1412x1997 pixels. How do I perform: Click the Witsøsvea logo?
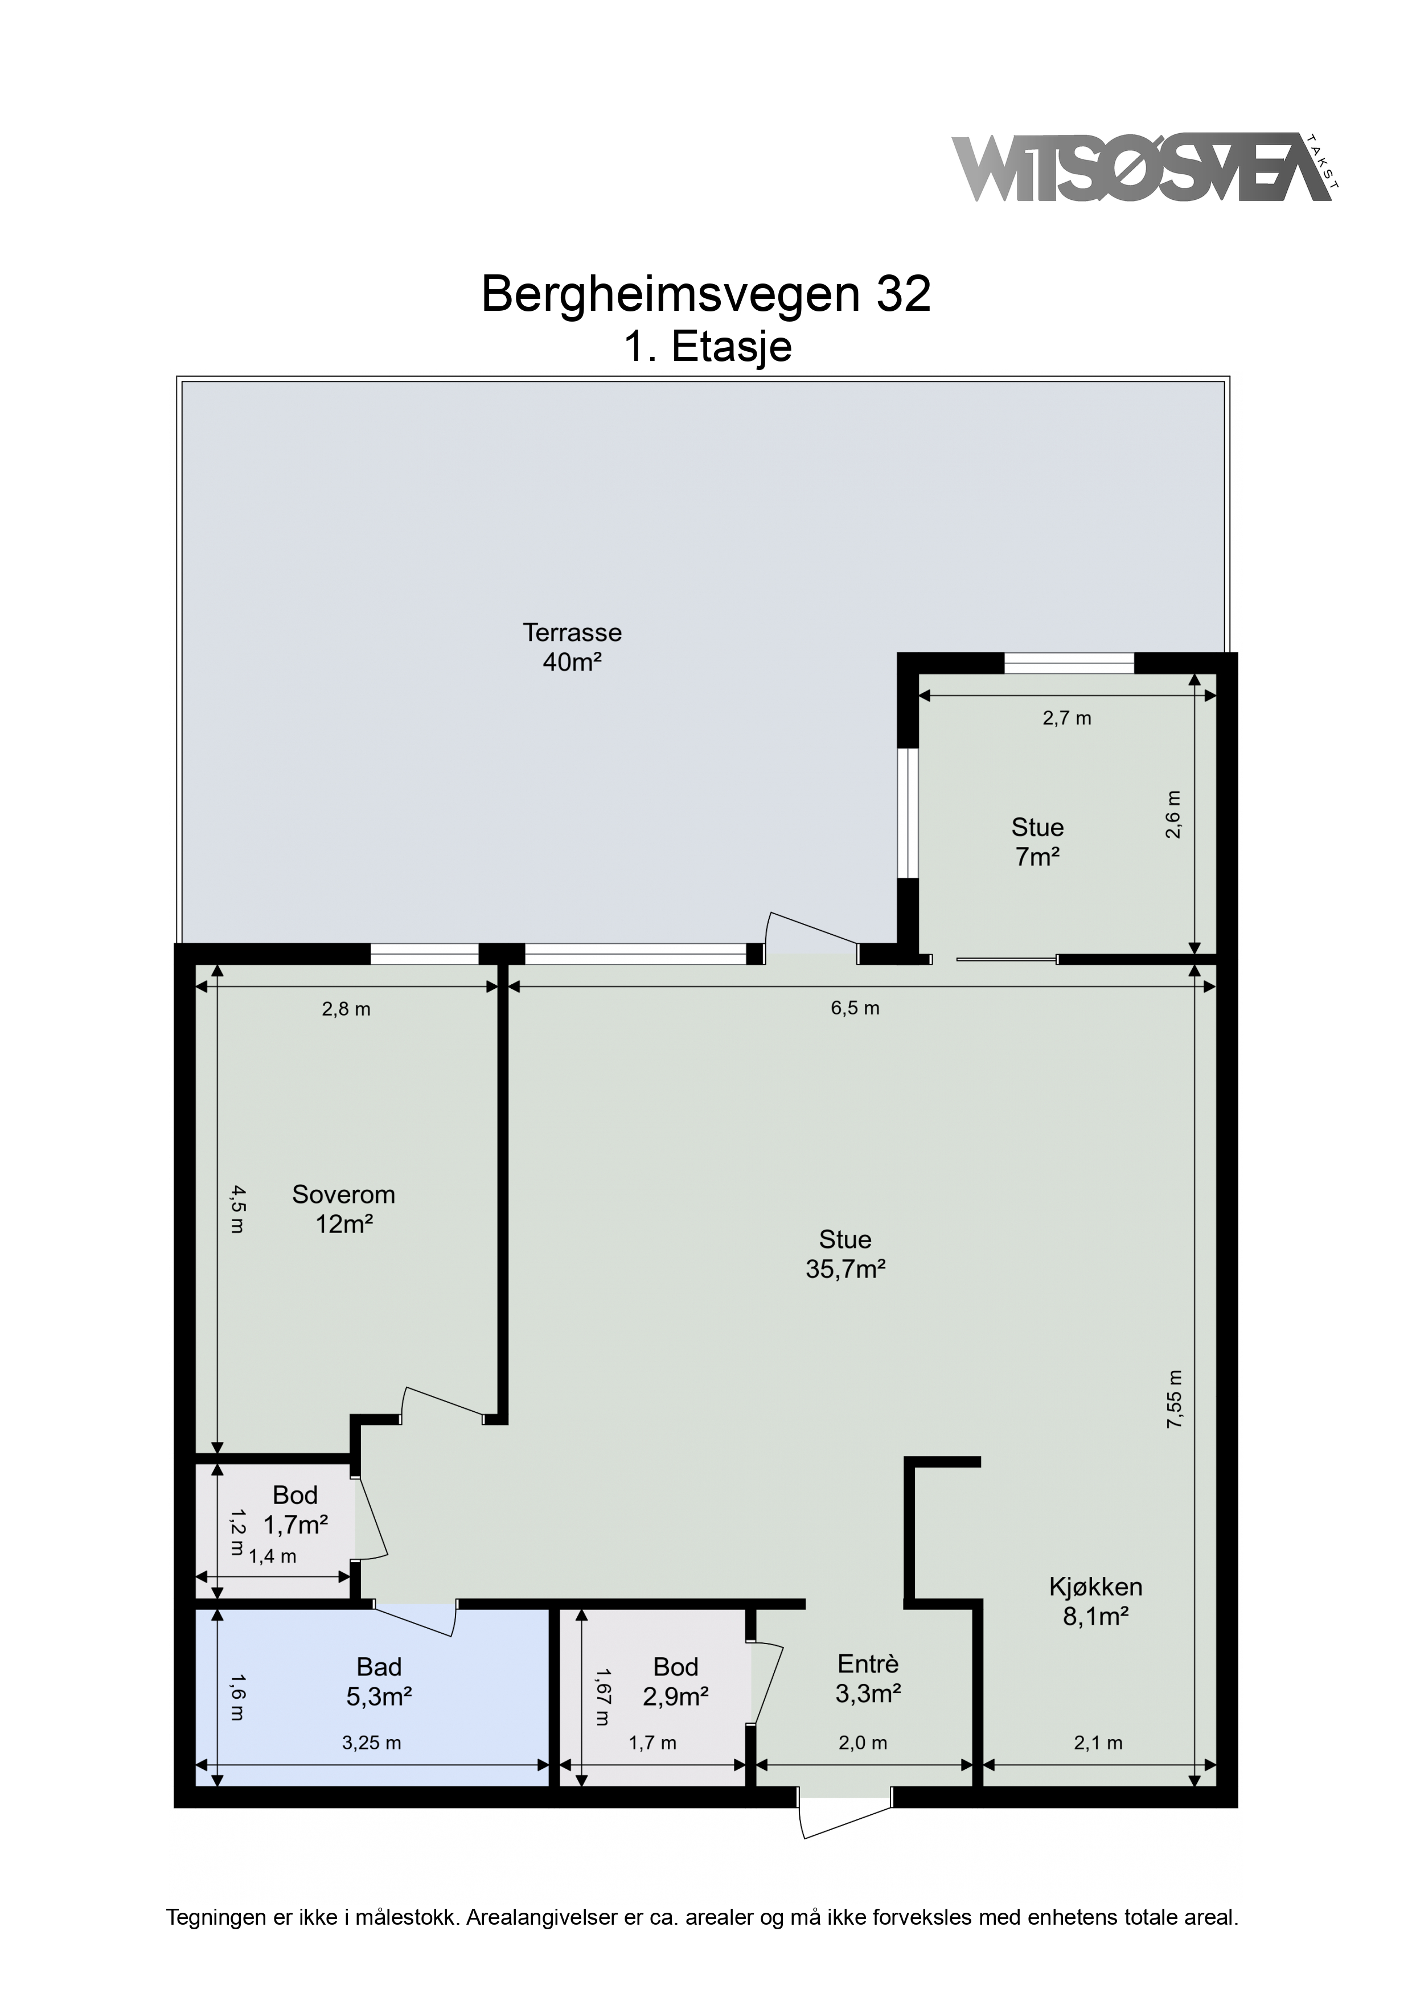[x=1146, y=168]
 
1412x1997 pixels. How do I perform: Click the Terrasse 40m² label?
[x=572, y=647]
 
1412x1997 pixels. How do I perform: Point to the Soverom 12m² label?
[x=344, y=1209]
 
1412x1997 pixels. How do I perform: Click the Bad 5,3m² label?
[x=379, y=1681]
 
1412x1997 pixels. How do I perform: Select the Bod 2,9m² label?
[x=676, y=1681]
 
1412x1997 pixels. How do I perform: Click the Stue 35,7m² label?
[x=845, y=1254]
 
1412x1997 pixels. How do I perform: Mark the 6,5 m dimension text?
[x=855, y=1009]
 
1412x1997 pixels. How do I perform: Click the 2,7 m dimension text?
[x=1066, y=718]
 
